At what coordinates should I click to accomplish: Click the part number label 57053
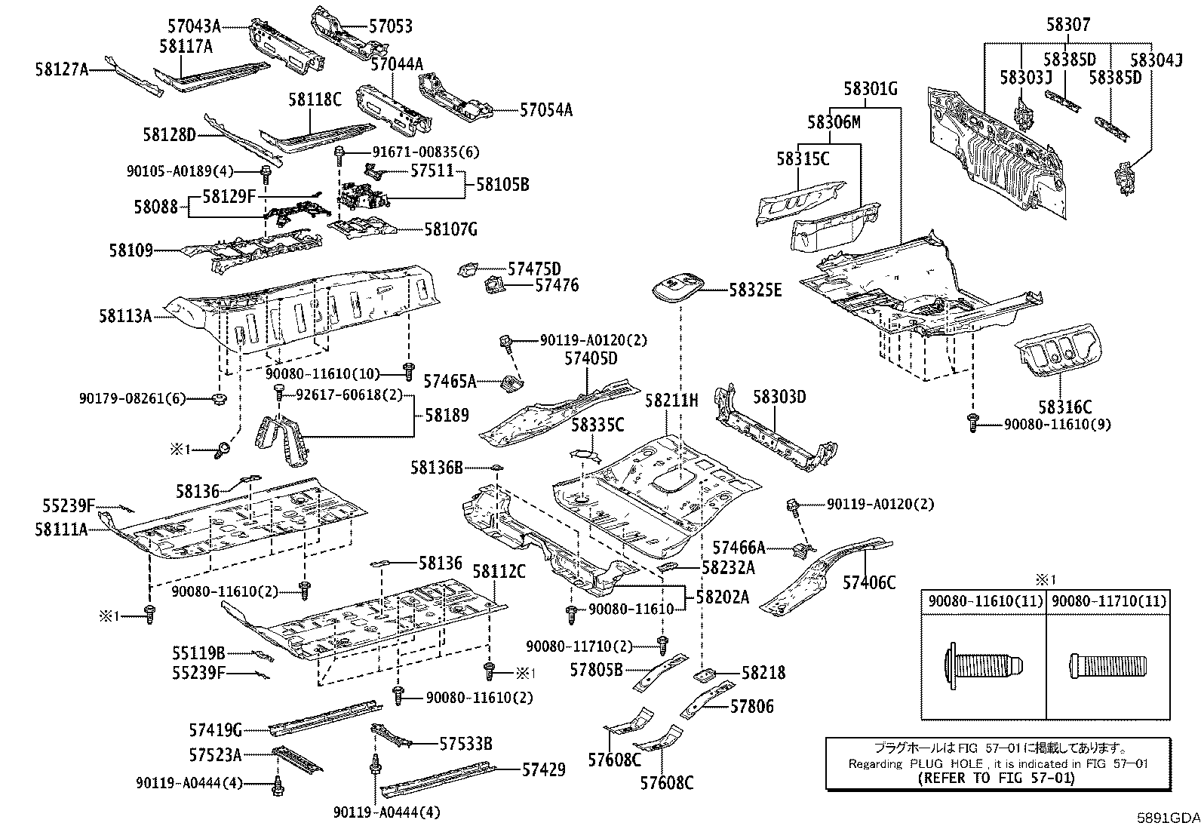[391, 26]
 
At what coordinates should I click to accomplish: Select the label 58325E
[755, 290]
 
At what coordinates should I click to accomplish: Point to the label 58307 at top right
[1068, 24]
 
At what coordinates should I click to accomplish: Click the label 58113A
[125, 316]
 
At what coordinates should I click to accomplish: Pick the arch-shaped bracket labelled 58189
[283, 440]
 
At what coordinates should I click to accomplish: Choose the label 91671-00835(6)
[425, 152]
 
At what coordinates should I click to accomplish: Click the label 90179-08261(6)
[132, 398]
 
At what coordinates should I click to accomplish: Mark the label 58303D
[779, 397]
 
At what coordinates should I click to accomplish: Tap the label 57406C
[868, 582]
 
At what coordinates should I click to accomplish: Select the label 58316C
[1064, 407]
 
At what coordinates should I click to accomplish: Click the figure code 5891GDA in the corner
[1169, 818]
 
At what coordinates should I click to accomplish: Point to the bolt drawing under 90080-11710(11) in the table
[1107, 667]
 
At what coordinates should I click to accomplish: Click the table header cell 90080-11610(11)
[985, 601]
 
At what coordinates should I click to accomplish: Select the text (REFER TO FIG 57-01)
[997, 778]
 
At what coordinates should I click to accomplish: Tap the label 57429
[544, 769]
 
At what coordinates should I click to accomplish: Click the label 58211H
[671, 401]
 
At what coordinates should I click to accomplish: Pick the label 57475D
[534, 269]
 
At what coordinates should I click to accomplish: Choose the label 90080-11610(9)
[1058, 424]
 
